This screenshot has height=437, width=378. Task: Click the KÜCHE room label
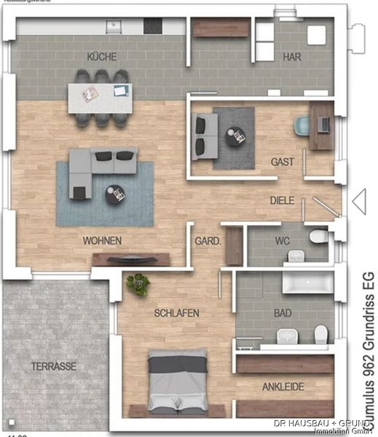pos(101,56)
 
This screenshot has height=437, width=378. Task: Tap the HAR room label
pos(292,56)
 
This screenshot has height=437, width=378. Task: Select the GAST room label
pos(283,162)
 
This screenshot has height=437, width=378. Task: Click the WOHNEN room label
pos(102,240)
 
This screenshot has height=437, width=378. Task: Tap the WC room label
pos(283,240)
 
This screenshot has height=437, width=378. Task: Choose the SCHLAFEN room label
pos(176,313)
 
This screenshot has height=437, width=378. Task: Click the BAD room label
pos(283,312)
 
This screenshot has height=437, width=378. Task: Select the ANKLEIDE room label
pos(283,387)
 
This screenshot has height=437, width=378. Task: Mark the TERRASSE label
pos(54,366)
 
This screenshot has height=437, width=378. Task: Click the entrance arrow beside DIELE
pos(358,202)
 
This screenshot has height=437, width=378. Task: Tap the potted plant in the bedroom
pos(137,284)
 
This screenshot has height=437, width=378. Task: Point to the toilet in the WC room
pos(318,236)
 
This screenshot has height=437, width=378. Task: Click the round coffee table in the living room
pos(115,194)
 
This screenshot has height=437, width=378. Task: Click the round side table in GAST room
pos(235,136)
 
